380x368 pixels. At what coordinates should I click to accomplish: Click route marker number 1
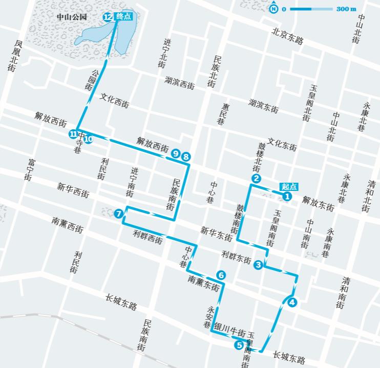point(287,196)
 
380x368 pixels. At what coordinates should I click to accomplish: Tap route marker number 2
point(256,179)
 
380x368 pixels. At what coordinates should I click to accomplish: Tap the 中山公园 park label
point(72,17)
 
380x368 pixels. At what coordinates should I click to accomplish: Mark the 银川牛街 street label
point(230,329)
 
